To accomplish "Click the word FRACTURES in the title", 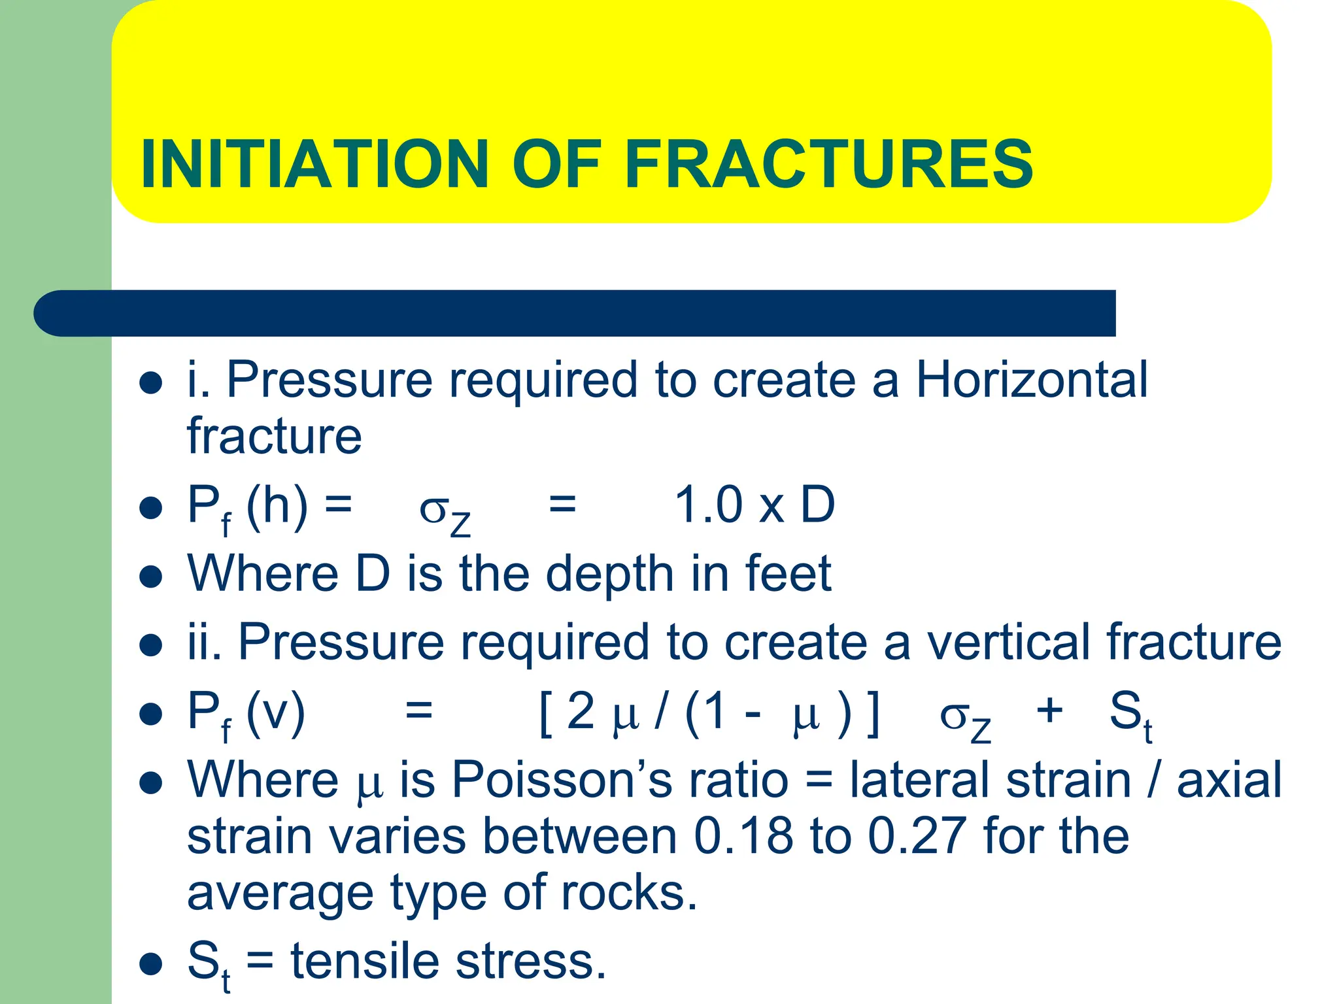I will (x=828, y=164).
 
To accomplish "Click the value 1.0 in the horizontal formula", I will (x=707, y=505).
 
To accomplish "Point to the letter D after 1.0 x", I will (x=817, y=505).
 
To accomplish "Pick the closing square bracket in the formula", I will (x=873, y=714).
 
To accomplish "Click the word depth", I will (x=609, y=574).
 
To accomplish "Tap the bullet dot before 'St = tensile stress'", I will (x=151, y=964).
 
